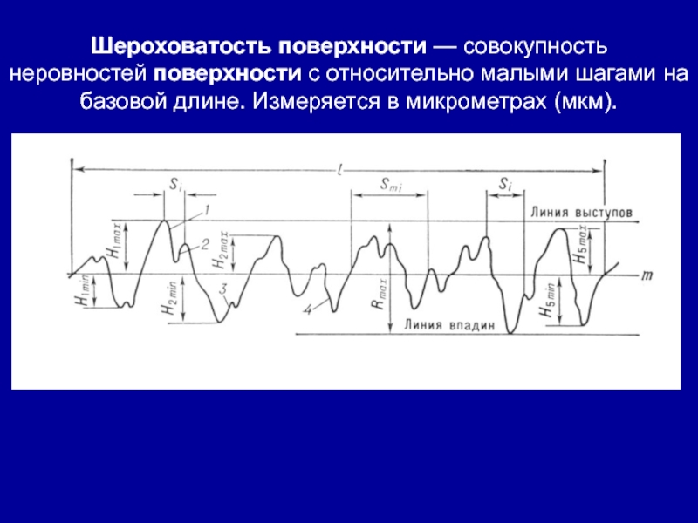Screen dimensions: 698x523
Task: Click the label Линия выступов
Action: click(x=581, y=212)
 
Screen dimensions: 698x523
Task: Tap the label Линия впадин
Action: click(x=449, y=325)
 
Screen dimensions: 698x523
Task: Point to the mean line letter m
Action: click(x=647, y=275)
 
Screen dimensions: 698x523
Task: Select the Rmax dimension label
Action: click(x=379, y=294)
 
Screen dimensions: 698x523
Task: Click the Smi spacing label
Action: click(x=391, y=185)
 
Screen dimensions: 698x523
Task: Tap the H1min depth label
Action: click(x=83, y=290)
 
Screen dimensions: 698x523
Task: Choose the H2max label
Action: click(x=221, y=249)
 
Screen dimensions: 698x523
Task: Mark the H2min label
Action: click(x=170, y=298)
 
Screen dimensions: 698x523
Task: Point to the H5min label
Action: click(x=547, y=300)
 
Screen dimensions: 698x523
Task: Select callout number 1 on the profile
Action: click(x=206, y=210)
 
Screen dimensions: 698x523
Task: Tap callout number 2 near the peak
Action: click(x=204, y=244)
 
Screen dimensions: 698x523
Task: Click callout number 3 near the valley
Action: click(x=224, y=289)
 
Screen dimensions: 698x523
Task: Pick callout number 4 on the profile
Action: click(x=308, y=309)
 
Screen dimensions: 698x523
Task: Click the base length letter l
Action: click(x=339, y=169)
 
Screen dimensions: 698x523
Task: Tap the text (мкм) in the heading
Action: click(x=586, y=102)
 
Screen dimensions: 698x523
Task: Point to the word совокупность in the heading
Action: click(x=536, y=47)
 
